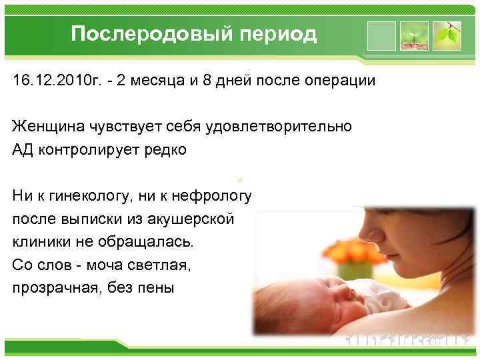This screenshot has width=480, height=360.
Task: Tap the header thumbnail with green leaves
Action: click(447, 35)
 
